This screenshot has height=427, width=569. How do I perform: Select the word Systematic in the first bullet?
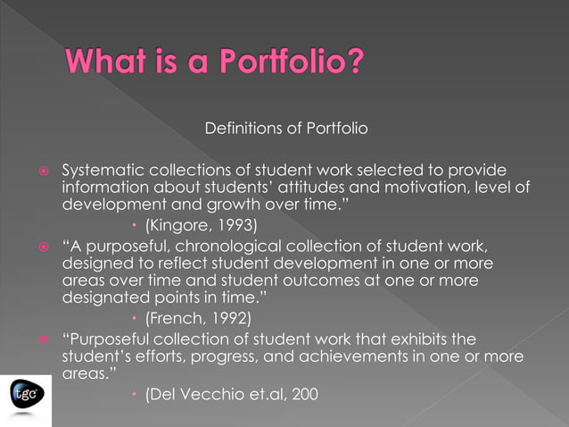coord(99,170)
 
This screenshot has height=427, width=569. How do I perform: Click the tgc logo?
coord(24,392)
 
